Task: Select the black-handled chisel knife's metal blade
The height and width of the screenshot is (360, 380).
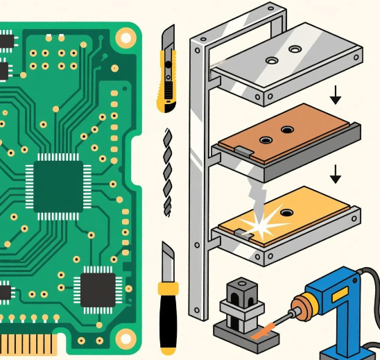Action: tap(168, 260)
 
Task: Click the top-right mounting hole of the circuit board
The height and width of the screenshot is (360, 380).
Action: tap(125, 36)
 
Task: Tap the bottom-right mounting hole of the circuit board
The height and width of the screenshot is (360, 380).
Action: tap(126, 339)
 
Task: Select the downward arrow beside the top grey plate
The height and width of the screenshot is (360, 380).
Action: tap(336, 96)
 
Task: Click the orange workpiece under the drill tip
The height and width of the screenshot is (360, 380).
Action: tap(263, 332)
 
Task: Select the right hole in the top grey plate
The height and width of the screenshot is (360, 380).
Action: tap(296, 50)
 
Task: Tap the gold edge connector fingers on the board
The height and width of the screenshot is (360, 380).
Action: tap(28, 343)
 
